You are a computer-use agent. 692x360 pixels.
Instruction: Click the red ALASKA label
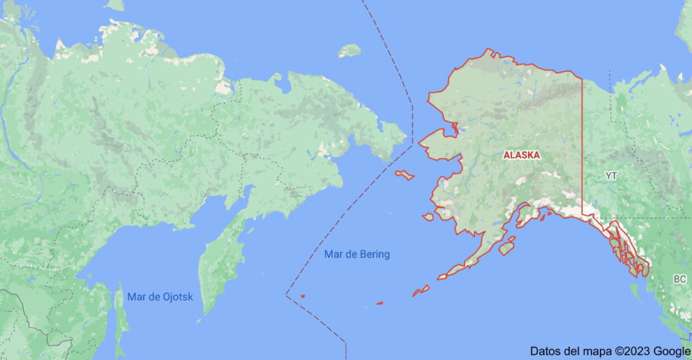(522, 156)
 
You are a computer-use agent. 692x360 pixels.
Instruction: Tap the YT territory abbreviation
(611, 176)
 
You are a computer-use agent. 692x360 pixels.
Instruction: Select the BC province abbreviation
(680, 279)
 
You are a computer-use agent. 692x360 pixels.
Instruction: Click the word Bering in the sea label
(374, 255)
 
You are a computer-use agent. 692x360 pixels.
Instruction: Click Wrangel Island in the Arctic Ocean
(349, 51)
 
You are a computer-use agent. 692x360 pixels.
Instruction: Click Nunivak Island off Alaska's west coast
(428, 217)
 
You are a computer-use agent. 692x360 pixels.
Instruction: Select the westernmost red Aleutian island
(302, 296)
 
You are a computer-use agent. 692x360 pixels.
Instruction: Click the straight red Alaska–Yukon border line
(582, 145)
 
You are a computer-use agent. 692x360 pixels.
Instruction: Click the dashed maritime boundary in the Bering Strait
(412, 125)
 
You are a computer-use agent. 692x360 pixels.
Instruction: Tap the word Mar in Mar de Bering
(334, 255)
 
